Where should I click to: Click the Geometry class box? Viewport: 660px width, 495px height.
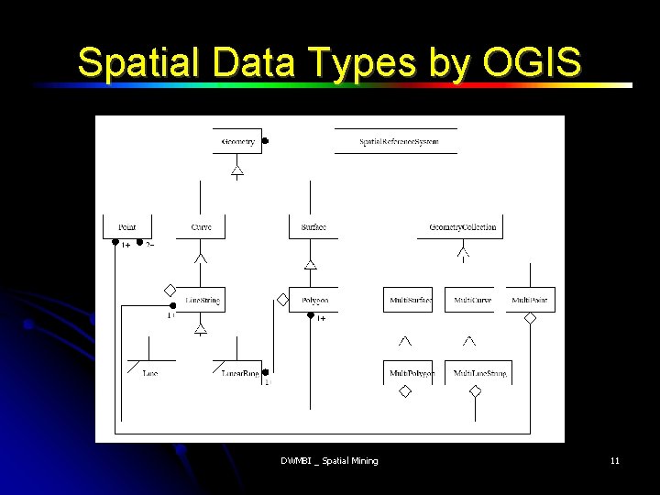pyautogui.click(x=237, y=141)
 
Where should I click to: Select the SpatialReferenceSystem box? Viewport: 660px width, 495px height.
pyautogui.click(x=399, y=141)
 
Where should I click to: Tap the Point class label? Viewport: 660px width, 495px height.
pyautogui.click(x=127, y=227)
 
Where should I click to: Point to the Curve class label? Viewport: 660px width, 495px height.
pyautogui.click(x=201, y=227)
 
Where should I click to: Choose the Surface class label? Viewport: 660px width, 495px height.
pyautogui.click(x=313, y=227)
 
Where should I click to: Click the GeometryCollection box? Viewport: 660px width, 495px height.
pyautogui.click(x=463, y=227)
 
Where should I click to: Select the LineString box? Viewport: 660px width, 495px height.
pyautogui.click(x=201, y=300)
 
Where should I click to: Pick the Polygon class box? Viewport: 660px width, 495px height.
pyautogui.click(x=313, y=300)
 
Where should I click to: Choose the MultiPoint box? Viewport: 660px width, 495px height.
pyautogui.click(x=530, y=300)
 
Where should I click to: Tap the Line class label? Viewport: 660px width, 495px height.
pyautogui.click(x=149, y=373)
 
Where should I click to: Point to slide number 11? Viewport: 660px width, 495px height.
pyautogui.click(x=614, y=460)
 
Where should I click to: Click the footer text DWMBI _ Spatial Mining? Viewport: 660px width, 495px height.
pyautogui.click(x=329, y=460)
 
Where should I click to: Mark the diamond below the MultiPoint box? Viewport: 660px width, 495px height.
pyautogui.click(x=530, y=318)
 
